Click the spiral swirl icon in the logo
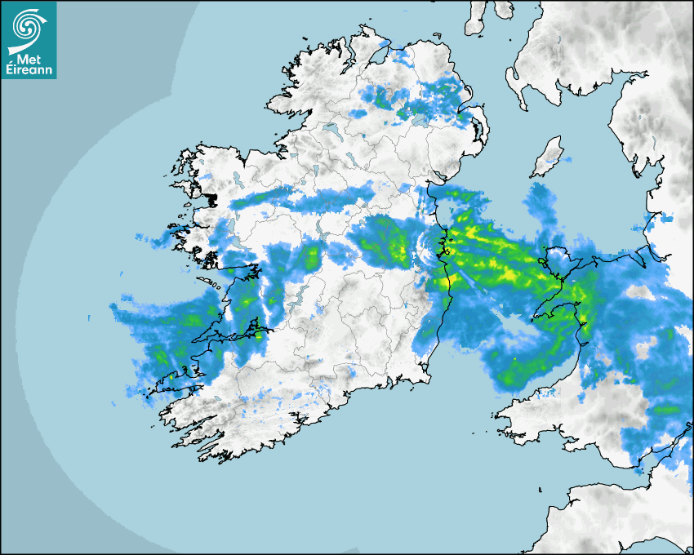click(28, 28)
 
